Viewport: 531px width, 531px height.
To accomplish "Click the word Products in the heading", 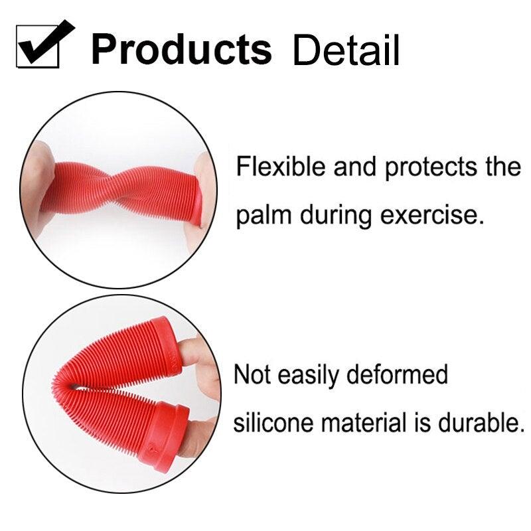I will click(x=181, y=48).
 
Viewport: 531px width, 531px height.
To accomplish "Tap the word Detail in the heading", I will click(x=346, y=50).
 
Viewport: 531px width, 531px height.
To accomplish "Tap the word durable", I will click(x=479, y=422).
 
